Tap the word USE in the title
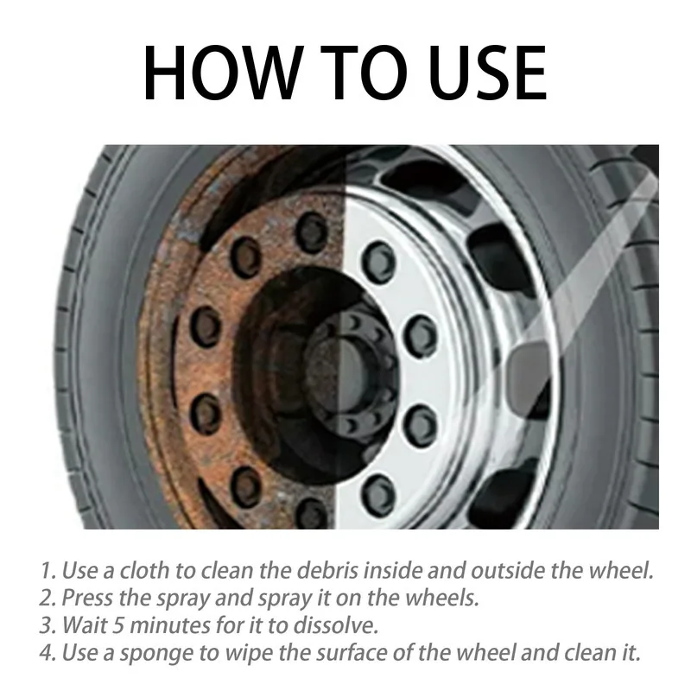pyautogui.click(x=479, y=73)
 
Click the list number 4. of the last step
pyautogui.click(x=48, y=652)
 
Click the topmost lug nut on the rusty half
pyautogui.click(x=311, y=231)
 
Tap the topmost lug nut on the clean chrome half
pyautogui.click(x=377, y=257)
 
